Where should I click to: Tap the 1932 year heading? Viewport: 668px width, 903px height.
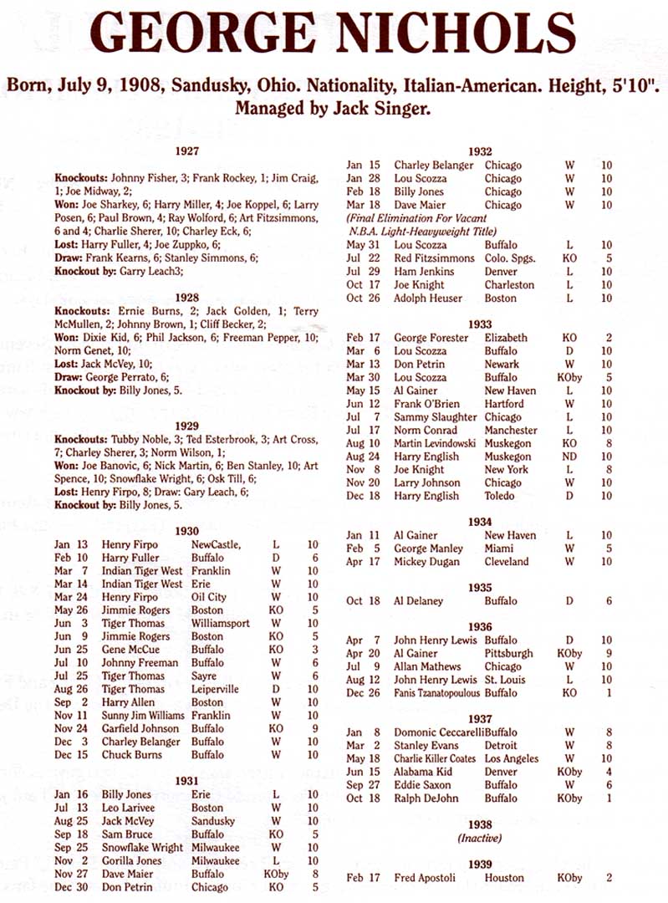tap(480, 151)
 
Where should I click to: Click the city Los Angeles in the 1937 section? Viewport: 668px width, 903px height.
tap(514, 758)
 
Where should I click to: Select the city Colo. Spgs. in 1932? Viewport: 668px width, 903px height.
tap(515, 258)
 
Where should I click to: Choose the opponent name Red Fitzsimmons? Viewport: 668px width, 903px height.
tap(434, 258)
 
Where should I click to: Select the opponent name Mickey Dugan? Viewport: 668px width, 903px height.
tap(426, 562)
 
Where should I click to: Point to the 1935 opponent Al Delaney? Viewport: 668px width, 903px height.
tap(419, 601)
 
